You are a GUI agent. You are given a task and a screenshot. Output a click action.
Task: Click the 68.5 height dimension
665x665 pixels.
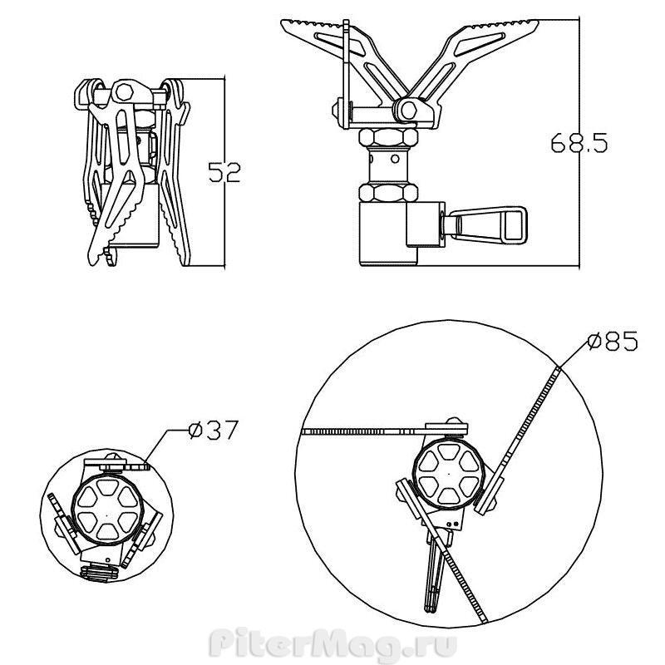click(579, 142)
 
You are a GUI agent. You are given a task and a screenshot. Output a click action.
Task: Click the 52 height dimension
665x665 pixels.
click(224, 172)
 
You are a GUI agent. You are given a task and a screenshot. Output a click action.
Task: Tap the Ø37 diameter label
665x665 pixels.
click(214, 430)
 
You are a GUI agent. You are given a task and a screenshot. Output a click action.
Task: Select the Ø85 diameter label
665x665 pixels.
click(613, 341)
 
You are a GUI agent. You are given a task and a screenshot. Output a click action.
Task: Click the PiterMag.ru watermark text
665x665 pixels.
click(333, 645)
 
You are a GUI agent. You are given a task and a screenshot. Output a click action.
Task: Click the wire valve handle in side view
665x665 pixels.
click(485, 224)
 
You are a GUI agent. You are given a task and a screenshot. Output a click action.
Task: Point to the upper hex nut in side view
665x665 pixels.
click(387, 137)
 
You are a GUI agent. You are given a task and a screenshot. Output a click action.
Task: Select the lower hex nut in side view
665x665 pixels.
click(387, 192)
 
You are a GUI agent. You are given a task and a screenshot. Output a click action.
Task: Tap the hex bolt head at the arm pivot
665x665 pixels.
click(409, 111)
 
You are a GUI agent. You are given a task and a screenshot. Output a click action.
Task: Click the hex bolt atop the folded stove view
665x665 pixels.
click(124, 92)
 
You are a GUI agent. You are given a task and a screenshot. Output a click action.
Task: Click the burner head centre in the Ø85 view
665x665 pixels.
click(449, 473)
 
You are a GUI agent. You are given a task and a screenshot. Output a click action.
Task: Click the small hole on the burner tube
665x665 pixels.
click(395, 159)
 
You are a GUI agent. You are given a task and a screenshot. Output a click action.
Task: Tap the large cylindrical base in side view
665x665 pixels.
click(388, 234)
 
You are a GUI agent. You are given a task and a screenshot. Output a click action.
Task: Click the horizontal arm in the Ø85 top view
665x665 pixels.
click(384, 431)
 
